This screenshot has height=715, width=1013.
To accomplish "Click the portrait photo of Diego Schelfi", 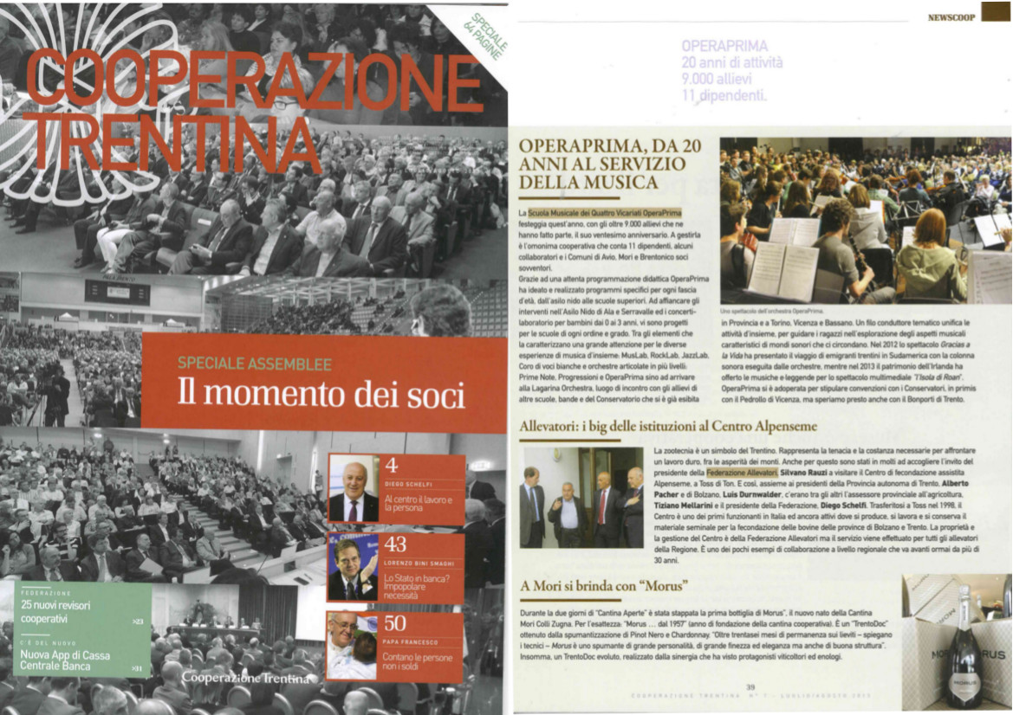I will tap(353, 488).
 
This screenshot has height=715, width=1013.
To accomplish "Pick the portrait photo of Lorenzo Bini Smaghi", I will tap(353, 567).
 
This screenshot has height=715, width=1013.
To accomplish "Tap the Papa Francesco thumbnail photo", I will tap(353, 646).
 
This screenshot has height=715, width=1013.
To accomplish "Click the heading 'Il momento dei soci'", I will tap(321, 394).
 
